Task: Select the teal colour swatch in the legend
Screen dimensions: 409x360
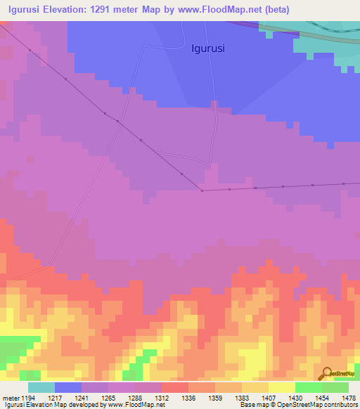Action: pos(41,387)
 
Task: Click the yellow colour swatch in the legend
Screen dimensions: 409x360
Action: pos(282,387)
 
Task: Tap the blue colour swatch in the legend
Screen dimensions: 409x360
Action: pos(68,387)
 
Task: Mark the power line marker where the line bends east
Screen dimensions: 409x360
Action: pos(202,190)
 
